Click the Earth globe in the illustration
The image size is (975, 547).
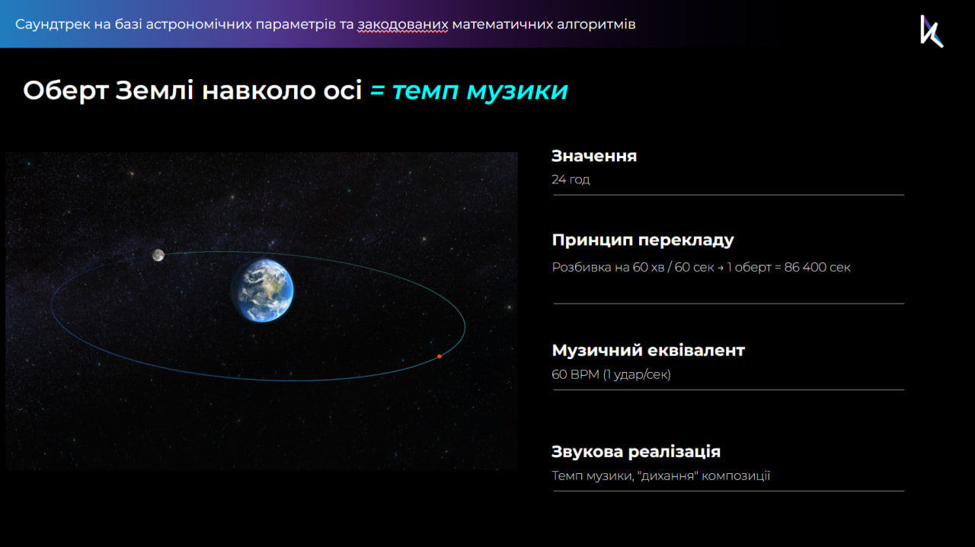click(x=263, y=290)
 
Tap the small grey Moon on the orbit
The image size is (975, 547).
click(x=158, y=255)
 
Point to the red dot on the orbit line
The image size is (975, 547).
click(x=440, y=357)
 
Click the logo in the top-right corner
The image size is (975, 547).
click(x=932, y=31)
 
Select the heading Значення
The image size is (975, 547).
click(x=593, y=156)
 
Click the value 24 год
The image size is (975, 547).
click(x=571, y=180)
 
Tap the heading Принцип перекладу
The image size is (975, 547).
click(x=643, y=240)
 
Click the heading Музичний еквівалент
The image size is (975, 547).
click(x=648, y=351)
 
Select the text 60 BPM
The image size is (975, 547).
click(x=575, y=374)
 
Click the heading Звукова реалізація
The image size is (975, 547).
click(x=636, y=452)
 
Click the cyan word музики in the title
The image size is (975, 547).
click(x=517, y=91)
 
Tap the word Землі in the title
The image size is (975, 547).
click(x=154, y=91)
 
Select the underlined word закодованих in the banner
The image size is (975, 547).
click(x=403, y=24)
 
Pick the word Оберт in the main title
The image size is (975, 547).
click(x=66, y=91)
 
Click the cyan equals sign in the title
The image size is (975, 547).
click(x=377, y=91)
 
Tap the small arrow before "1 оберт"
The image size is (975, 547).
click(x=721, y=267)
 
